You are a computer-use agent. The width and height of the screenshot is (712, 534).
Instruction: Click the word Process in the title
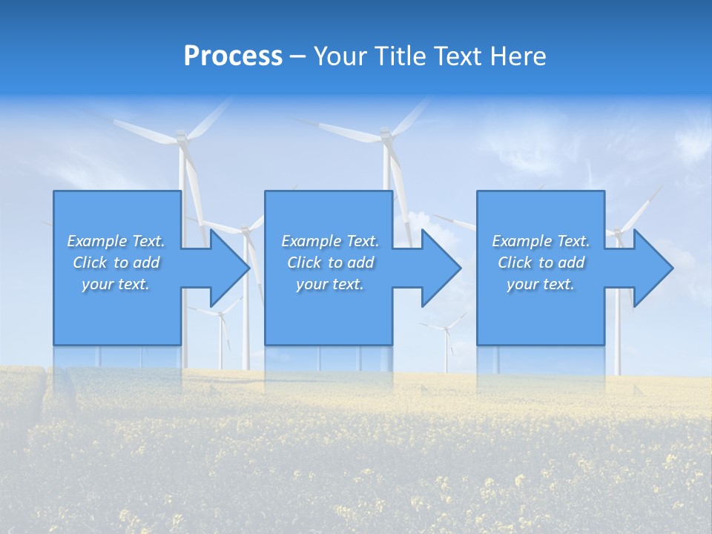pos(233,56)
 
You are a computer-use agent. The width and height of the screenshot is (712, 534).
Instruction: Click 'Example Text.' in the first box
pos(116,241)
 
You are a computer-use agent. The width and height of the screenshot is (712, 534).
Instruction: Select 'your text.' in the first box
pos(116,284)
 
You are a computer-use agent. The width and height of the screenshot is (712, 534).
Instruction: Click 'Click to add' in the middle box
pos(330,263)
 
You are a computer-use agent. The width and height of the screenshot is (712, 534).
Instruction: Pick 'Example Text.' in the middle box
pos(330,241)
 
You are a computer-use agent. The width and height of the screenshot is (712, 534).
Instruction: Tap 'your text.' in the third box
pos(541,284)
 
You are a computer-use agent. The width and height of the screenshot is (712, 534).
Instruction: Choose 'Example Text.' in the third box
pos(541,241)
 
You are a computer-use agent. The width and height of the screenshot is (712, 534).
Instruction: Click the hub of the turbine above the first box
pos(180,137)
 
